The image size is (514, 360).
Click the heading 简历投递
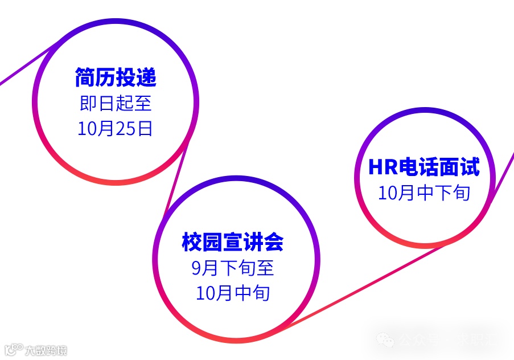(116, 78)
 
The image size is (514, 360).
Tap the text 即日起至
(116, 104)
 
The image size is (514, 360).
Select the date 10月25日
(116, 129)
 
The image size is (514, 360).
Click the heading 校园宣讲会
(232, 242)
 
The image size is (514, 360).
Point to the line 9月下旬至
(232, 268)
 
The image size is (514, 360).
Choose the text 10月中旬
(232, 293)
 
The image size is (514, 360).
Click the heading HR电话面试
(423, 167)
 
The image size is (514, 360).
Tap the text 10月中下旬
(423, 193)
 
